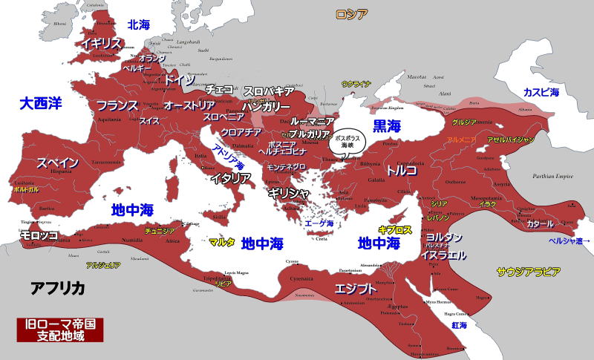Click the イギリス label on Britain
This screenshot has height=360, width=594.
pyautogui.click(x=102, y=43)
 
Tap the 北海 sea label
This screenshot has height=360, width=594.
pyautogui.click(x=139, y=24)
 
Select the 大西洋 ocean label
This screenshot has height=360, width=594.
pyautogui.click(x=41, y=103)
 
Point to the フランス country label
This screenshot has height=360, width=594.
pyautogui.click(x=118, y=105)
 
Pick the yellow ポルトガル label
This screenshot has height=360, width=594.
pyautogui.click(x=26, y=190)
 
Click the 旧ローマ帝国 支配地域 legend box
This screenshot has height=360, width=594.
pyautogui.click(x=60, y=330)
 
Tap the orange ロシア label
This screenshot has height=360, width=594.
pyautogui.click(x=351, y=14)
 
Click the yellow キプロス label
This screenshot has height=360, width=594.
pyautogui.click(x=395, y=230)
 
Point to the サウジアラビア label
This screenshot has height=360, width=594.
pyautogui.click(x=528, y=272)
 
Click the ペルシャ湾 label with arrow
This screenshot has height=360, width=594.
pyautogui.click(x=569, y=240)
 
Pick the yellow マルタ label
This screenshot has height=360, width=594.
pyautogui.click(x=222, y=243)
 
